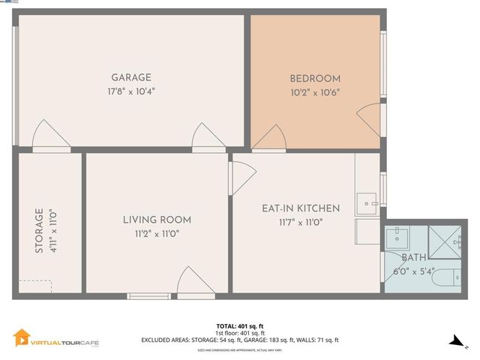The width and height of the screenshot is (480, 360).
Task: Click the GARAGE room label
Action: pos(131,77)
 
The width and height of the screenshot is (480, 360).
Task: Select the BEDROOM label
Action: pos(315,79)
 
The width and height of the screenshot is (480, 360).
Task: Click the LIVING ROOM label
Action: pos(157,220)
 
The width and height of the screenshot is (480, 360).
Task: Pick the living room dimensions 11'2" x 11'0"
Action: pos(157,233)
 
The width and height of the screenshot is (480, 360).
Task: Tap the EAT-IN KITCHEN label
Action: pos(301,208)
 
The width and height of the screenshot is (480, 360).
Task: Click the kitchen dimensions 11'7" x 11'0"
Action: pos(301,222)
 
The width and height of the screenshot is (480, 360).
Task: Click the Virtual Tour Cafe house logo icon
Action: pos(21,338)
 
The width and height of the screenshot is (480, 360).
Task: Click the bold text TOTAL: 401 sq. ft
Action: pos(239,326)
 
